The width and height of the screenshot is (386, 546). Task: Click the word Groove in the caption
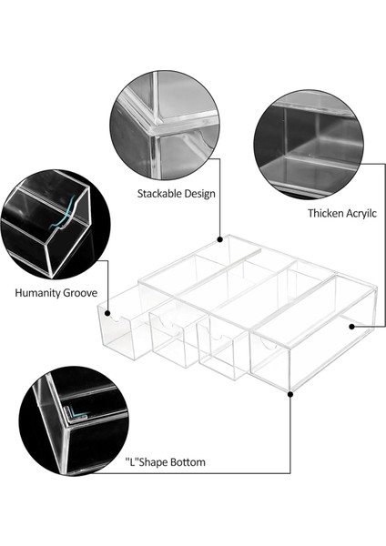coord(79,293)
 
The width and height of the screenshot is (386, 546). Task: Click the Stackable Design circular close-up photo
coord(165,126)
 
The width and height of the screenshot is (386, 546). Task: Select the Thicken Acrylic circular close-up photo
coord(309,144)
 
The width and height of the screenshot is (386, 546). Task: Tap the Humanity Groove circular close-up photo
coord(55,225)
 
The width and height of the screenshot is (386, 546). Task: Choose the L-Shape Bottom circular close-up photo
coord(74,420)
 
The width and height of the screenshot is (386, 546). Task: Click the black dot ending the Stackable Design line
coord(219,239)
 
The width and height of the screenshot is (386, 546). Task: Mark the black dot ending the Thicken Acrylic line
coord(351,327)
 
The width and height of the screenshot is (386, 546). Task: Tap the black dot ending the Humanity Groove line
coord(107,313)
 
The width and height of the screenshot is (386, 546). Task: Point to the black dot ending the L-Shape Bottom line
coord(290,394)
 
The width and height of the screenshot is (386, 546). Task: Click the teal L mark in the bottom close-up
coord(77,412)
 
